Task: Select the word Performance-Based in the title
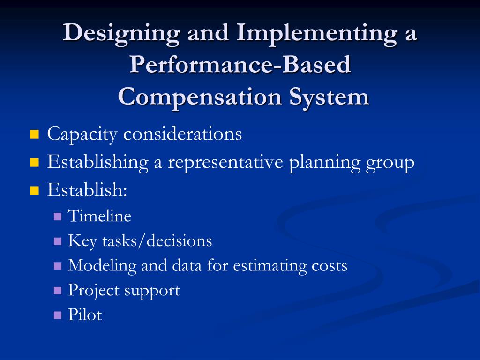point(240,66)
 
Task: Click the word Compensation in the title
point(199,97)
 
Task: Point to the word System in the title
point(329,97)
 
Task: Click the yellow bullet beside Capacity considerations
point(34,135)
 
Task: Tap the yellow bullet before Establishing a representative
point(34,163)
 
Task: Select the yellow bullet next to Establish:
point(34,191)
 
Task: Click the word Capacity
point(82,135)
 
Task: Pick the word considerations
point(182,134)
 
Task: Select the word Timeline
point(99,216)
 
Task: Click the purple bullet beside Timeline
point(58,217)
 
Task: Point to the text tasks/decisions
point(154,241)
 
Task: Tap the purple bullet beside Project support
point(58,291)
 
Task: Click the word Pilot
point(85,315)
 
